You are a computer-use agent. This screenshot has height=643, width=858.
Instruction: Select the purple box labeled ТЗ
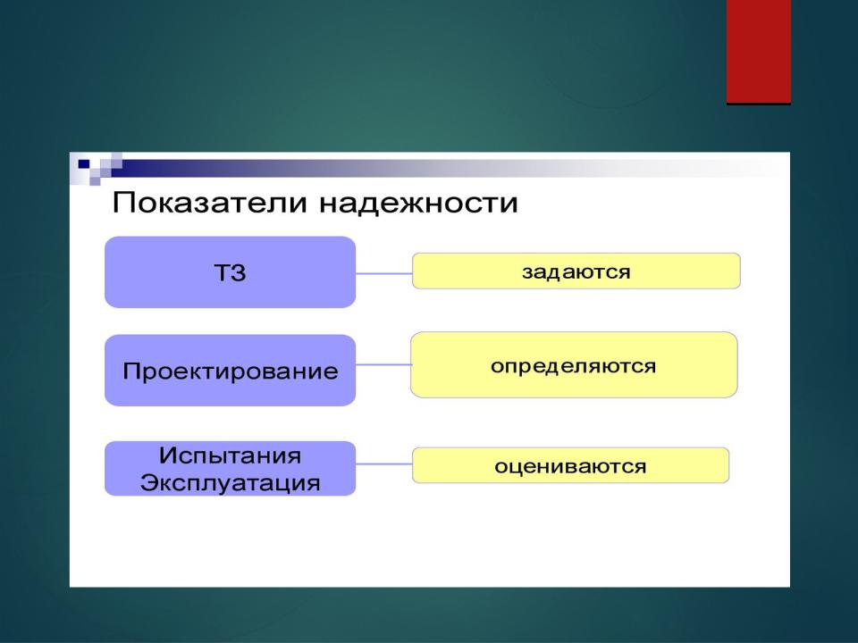click(230, 271)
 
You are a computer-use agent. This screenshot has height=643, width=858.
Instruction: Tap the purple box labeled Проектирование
click(230, 370)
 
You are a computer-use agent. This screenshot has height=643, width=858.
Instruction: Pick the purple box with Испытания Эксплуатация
click(230, 469)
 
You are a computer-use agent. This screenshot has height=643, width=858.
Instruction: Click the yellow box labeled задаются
click(576, 271)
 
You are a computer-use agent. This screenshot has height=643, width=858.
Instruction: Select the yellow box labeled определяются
click(574, 364)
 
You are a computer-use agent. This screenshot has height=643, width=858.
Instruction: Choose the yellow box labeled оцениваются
click(571, 465)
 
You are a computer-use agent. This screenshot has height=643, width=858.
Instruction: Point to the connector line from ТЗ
click(383, 273)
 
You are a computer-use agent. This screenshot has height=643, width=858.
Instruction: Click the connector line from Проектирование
click(383, 364)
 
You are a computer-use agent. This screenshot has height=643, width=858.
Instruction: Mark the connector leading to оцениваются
click(383, 464)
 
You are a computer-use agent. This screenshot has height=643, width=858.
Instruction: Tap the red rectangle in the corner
click(759, 51)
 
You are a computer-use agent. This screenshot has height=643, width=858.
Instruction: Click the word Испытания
click(230, 455)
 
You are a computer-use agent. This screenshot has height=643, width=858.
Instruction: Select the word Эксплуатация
click(230, 483)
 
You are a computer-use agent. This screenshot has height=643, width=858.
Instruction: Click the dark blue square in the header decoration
click(84, 163)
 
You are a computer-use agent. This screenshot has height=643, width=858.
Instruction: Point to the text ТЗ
click(230, 272)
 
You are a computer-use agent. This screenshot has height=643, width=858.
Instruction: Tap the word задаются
click(576, 271)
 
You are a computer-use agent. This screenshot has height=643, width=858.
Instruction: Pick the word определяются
click(574, 366)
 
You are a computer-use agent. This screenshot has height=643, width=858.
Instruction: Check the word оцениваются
click(570, 466)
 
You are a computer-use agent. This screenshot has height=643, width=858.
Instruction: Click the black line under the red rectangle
click(759, 104)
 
